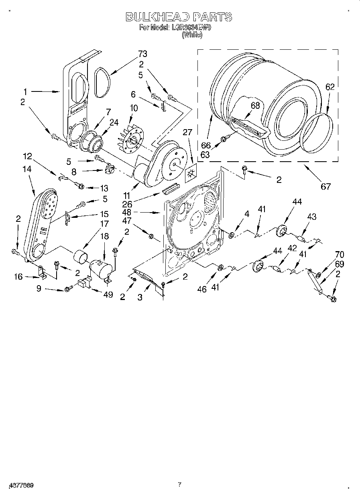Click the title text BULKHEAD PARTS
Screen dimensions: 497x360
tap(179, 17)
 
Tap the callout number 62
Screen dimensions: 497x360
tap(329, 87)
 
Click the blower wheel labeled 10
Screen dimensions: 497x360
tap(132, 140)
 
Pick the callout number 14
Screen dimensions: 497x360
tap(27, 170)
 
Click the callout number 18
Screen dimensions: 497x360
tap(104, 236)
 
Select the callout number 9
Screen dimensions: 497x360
tap(39, 288)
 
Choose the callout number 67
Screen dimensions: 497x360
tap(325, 186)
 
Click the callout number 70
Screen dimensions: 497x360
tap(339, 254)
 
